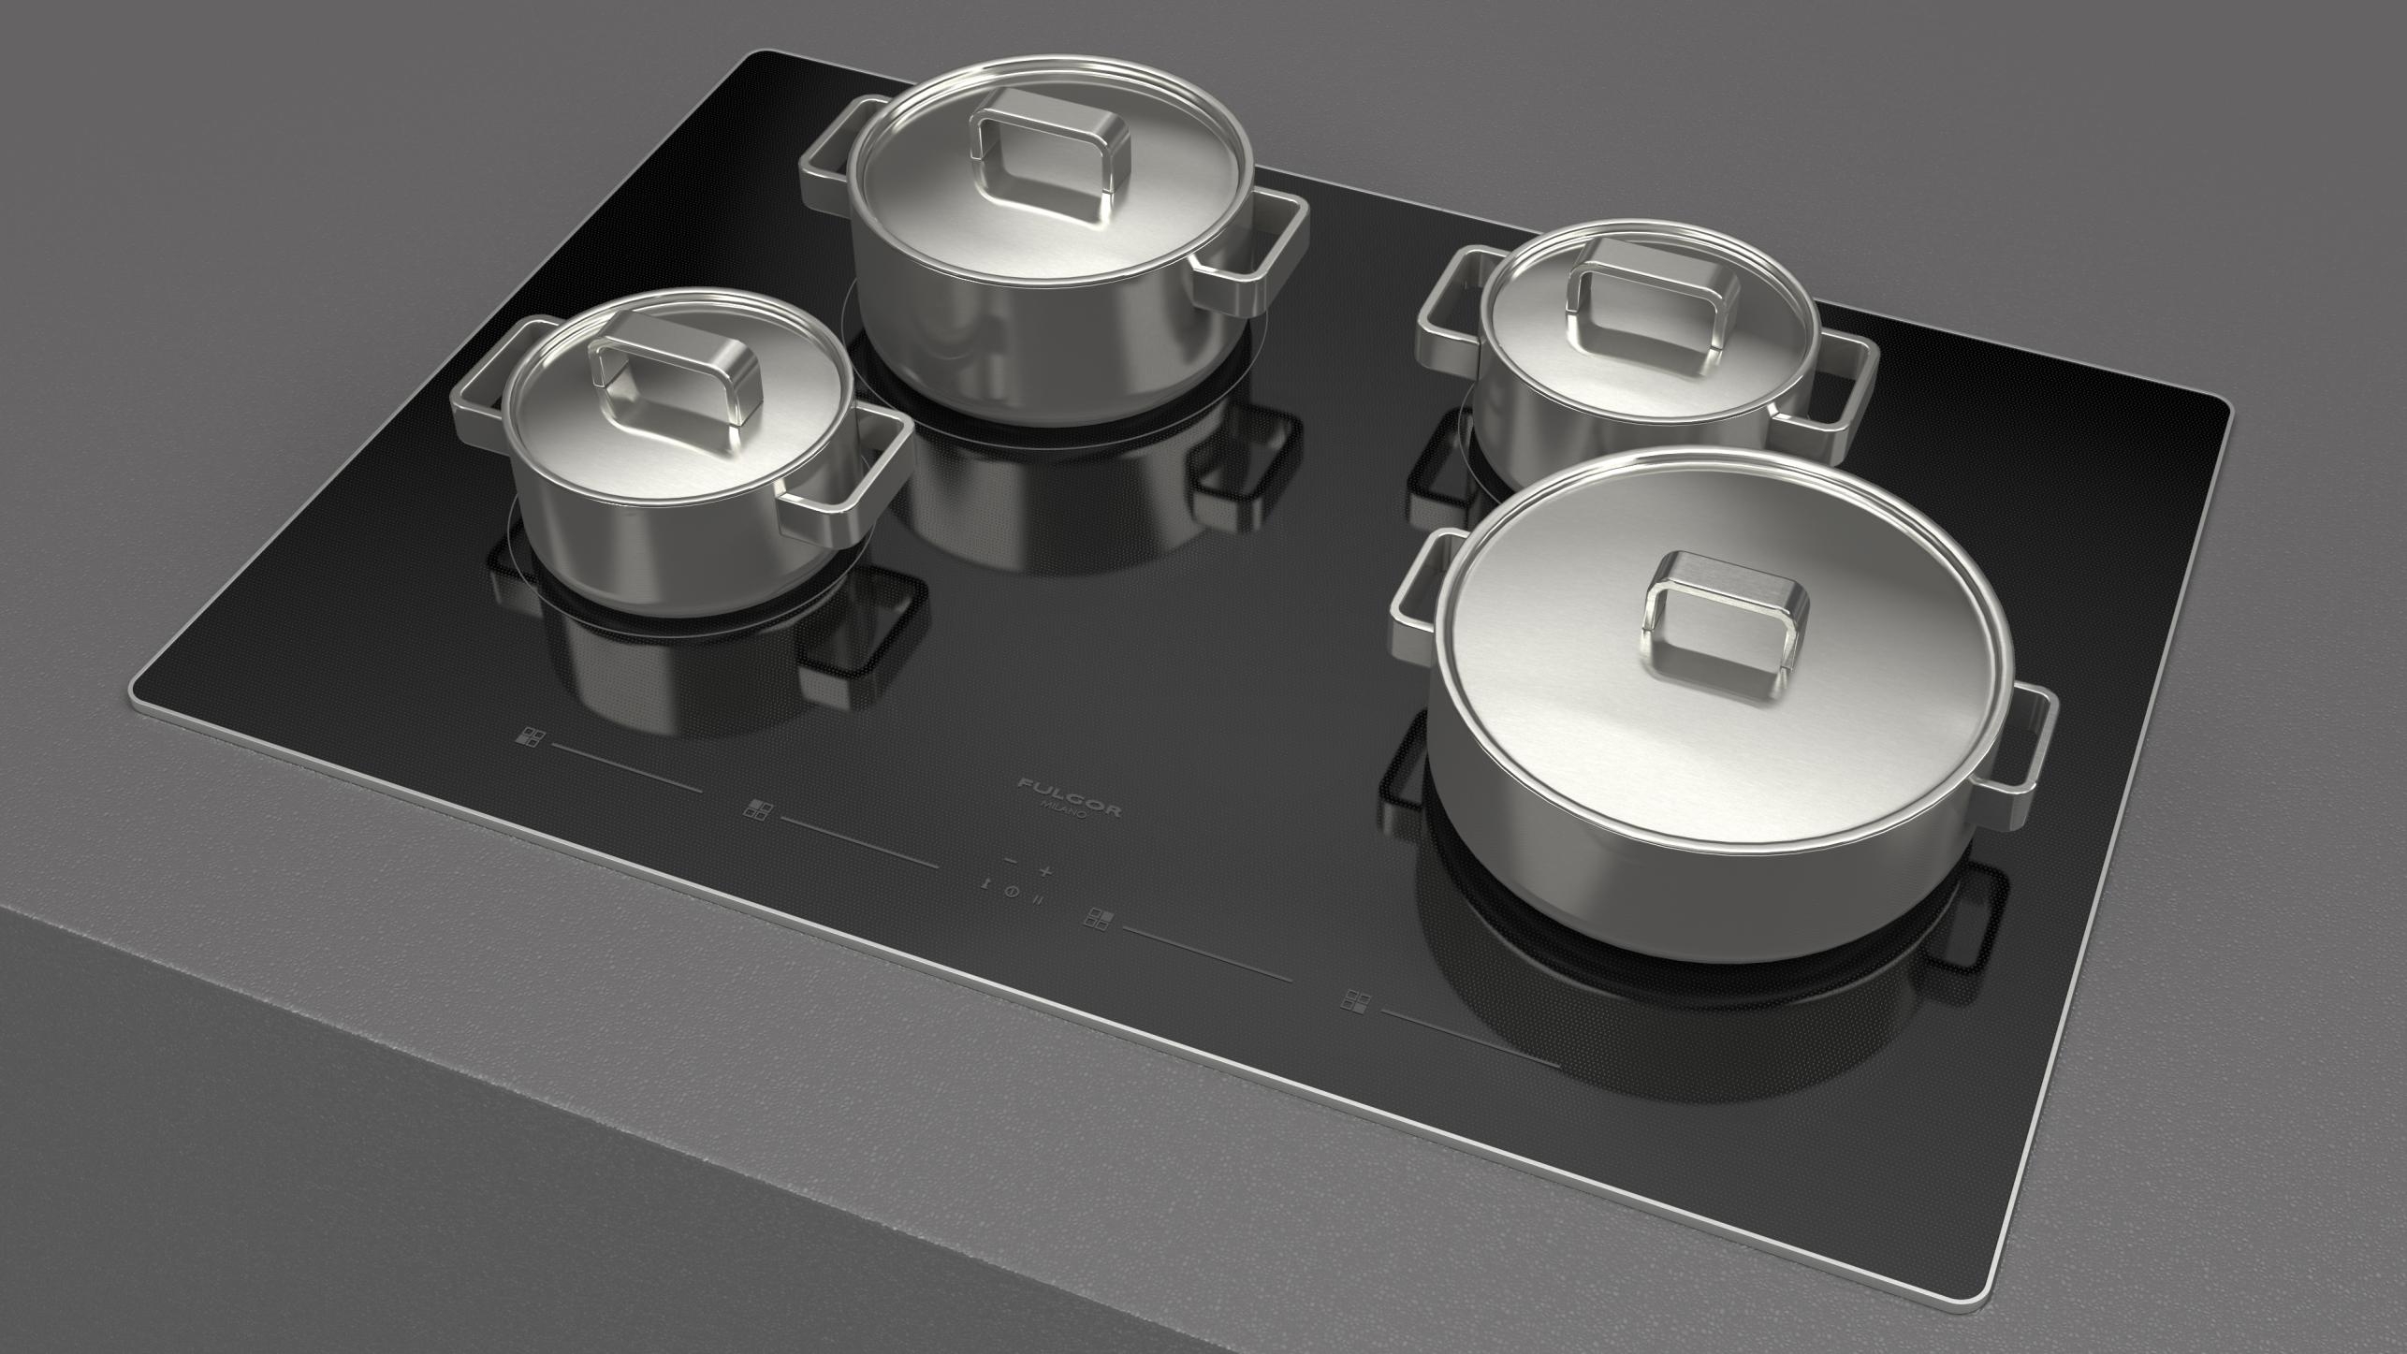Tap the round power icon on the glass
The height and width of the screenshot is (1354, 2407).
click(x=1012, y=892)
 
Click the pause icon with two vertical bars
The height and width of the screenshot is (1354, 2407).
click(x=1038, y=901)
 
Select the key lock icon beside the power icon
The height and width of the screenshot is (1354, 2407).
click(x=985, y=883)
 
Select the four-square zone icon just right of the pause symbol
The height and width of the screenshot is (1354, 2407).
click(x=1099, y=920)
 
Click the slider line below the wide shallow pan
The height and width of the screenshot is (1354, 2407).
click(x=1469, y=1039)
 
